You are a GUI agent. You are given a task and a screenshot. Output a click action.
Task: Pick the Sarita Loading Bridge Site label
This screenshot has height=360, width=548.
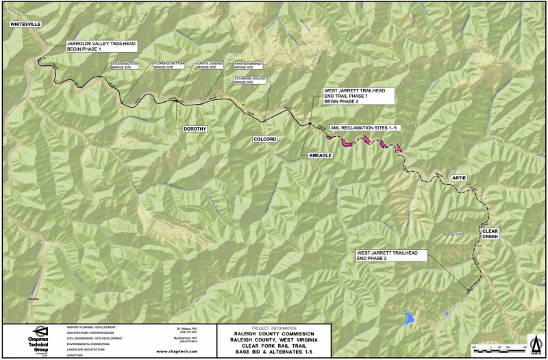[x=210, y=66]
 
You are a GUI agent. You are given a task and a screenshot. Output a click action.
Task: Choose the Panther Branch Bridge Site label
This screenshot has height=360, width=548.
[x=248, y=66]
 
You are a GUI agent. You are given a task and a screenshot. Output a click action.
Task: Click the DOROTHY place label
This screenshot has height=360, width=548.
[x=195, y=129]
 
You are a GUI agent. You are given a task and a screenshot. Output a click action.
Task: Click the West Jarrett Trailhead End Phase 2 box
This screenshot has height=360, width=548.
[x=391, y=257]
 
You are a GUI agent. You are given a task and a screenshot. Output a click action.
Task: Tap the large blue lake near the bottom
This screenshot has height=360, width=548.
[x=410, y=318]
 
